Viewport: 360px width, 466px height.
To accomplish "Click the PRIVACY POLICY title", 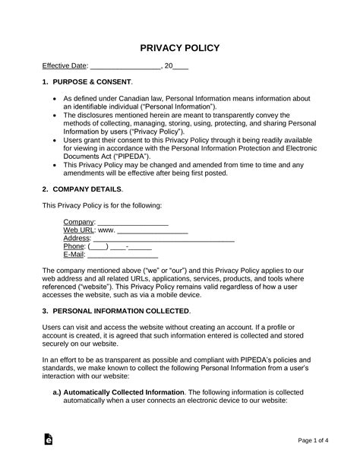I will [180, 48].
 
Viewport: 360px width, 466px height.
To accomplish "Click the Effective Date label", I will [65, 67].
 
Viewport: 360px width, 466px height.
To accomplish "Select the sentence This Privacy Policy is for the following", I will [101, 205].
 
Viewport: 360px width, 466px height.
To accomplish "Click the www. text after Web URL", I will [106, 230].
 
